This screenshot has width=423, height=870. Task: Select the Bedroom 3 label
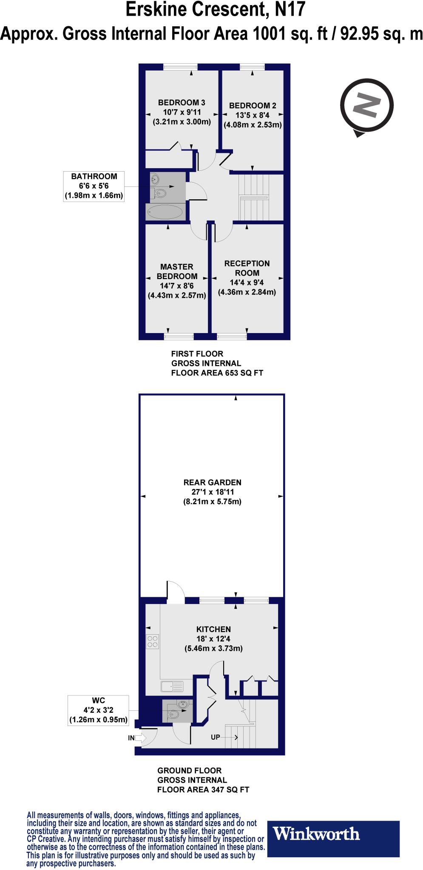pos(182,102)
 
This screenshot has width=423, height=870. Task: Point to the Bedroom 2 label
pos(253,106)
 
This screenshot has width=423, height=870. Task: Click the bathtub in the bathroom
pos(165,212)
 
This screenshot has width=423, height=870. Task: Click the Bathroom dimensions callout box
pos(94,186)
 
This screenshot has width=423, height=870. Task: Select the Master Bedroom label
pos(177,271)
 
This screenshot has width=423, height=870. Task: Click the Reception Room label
pos(247,268)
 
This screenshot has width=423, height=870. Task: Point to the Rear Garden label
pos(212,482)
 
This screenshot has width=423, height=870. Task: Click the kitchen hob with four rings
pos(152,641)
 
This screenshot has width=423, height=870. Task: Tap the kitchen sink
pos(172,686)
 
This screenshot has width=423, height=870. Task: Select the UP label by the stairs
pos(216,737)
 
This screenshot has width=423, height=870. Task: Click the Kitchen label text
pos(213,629)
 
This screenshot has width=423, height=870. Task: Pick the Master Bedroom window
pos(179,336)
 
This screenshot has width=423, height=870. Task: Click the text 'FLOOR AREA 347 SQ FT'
pos(203,790)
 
